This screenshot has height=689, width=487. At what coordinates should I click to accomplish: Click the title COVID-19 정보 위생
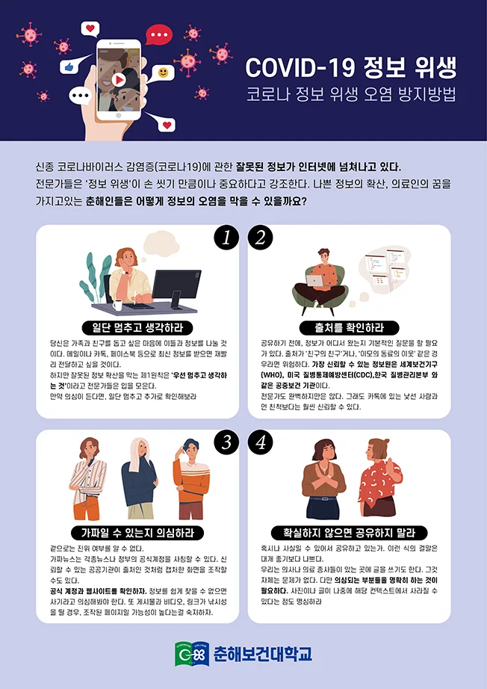[351, 68]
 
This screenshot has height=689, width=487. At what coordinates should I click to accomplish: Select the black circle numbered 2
[260, 237]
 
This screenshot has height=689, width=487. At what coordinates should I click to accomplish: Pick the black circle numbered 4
[260, 442]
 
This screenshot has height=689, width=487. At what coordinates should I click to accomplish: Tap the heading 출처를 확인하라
[350, 327]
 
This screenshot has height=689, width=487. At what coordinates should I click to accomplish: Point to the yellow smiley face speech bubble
[163, 72]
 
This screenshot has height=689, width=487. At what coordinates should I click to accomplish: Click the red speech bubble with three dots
[158, 34]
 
